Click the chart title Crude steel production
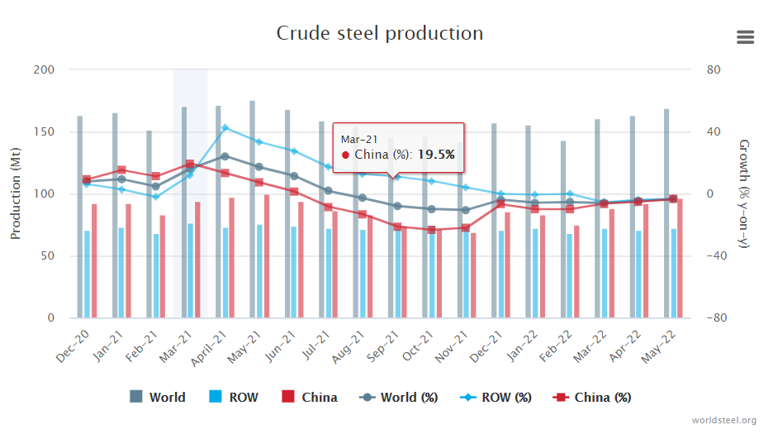point(379,33)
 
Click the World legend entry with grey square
point(158,398)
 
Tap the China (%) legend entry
point(595,398)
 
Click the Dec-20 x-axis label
point(74,341)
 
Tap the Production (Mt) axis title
point(16,194)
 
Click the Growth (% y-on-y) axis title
point(744,194)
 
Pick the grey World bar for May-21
point(252,207)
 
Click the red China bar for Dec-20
point(94,260)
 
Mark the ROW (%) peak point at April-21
point(225,127)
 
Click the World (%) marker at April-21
point(225,155)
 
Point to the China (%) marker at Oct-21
point(431,230)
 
